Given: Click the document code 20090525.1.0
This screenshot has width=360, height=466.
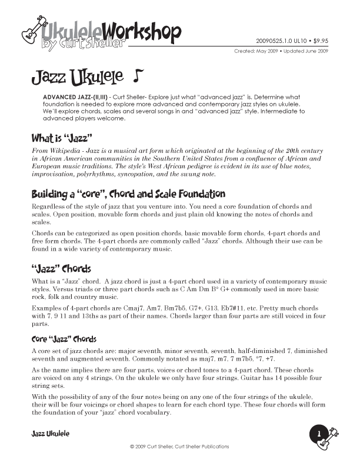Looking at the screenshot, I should pos(276,41).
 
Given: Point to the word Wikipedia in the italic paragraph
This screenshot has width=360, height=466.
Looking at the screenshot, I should pos(66,152).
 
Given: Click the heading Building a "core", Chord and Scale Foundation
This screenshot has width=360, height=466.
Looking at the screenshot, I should pos(128,194).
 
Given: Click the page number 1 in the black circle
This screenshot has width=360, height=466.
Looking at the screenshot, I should pos(319,434).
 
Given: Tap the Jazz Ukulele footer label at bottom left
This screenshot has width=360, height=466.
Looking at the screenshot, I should pos(50,434).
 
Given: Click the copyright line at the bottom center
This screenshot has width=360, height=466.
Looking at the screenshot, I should pos(179,447).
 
